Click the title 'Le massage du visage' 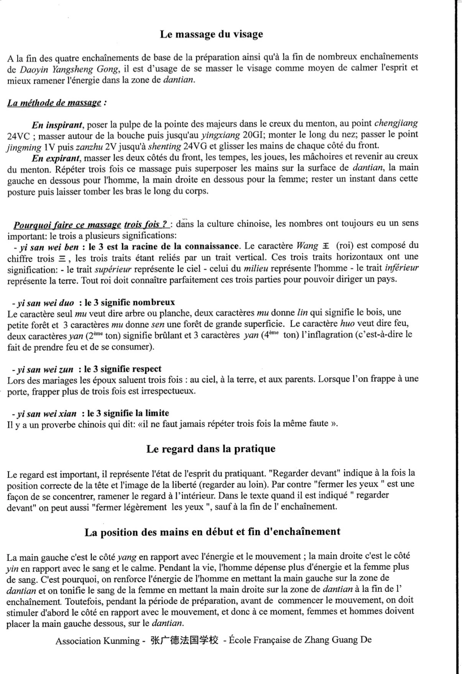pyautogui.click(x=211, y=34)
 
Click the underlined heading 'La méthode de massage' pyautogui.click(x=54, y=103)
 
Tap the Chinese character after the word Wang pyautogui.click(x=325, y=246)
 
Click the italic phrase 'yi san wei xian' pyautogui.click(x=47, y=414)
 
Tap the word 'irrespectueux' pyautogui.click(x=168, y=391)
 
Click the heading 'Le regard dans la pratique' pyautogui.click(x=211, y=449)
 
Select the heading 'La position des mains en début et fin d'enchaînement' pyautogui.click(x=213, y=532)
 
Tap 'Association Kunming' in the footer pyautogui.click(x=97, y=641)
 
